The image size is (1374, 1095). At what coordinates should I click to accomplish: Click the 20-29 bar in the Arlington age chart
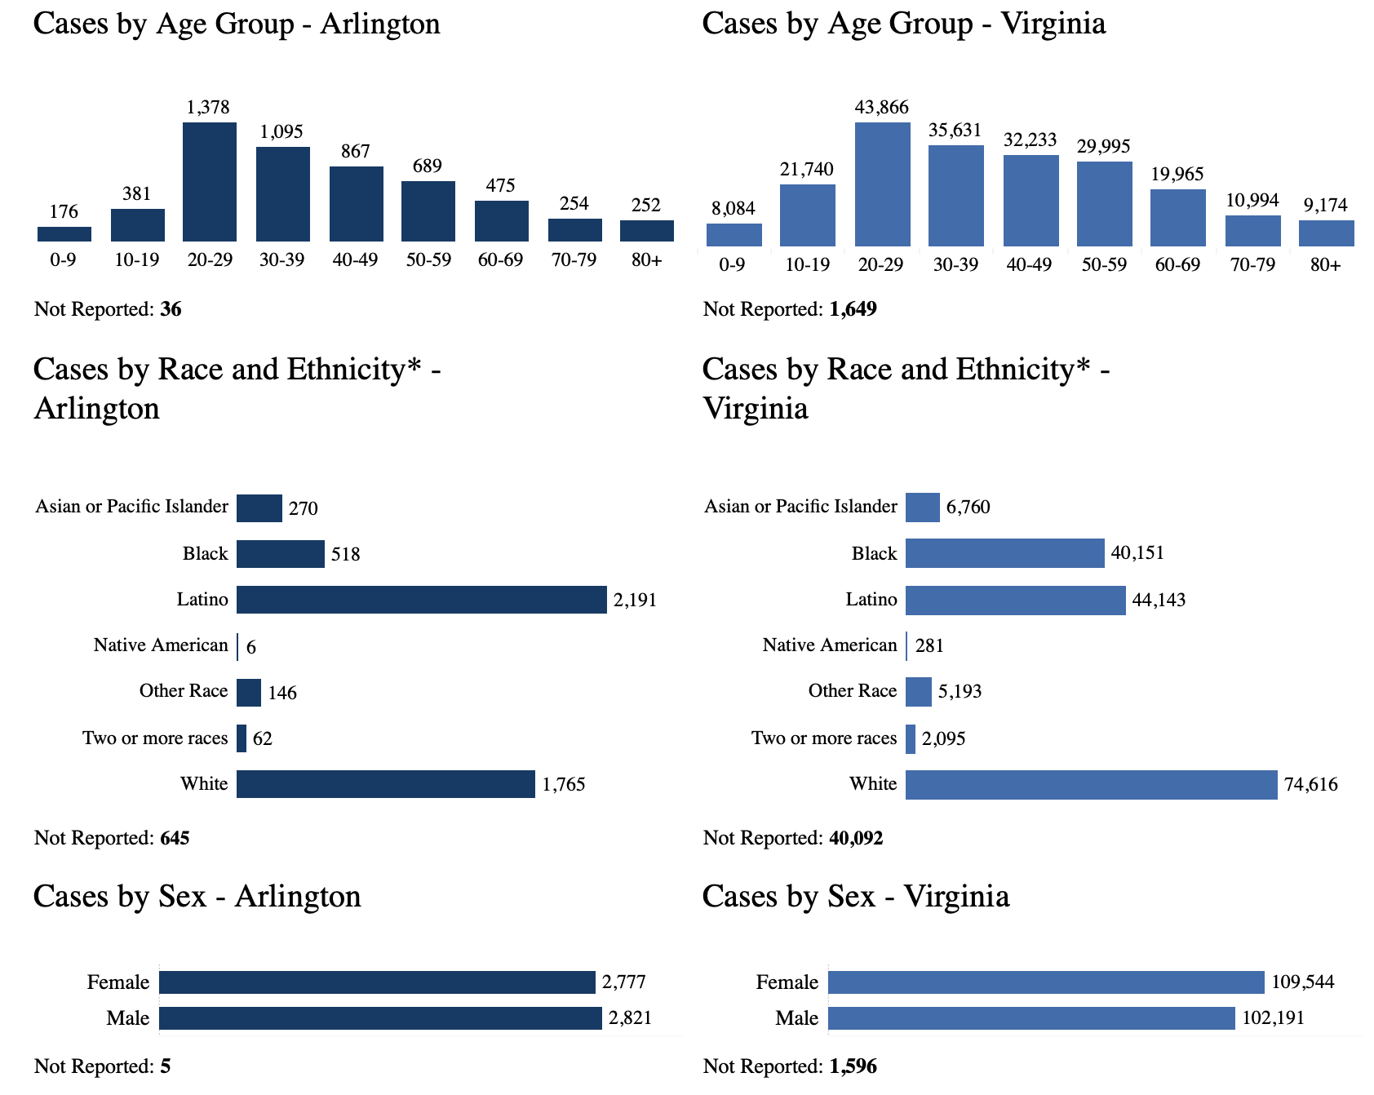[x=210, y=182]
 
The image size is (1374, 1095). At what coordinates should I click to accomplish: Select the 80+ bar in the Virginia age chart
[x=1326, y=233]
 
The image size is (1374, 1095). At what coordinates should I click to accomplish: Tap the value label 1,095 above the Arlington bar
[x=281, y=131]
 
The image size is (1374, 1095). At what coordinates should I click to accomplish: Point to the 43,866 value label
[x=881, y=107]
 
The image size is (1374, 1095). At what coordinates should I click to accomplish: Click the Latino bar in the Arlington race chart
[x=421, y=600]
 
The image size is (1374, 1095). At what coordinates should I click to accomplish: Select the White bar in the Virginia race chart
[x=1091, y=784]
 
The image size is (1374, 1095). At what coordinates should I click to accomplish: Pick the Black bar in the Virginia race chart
[x=1004, y=553]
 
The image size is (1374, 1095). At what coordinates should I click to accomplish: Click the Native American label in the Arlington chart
[x=161, y=645]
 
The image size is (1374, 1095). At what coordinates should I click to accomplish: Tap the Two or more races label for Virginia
[x=824, y=738]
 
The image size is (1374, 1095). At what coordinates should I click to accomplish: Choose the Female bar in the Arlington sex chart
[x=377, y=982]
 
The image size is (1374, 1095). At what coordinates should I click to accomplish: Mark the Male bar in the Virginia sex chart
[x=1031, y=1018]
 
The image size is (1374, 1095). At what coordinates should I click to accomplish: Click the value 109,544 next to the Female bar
[x=1302, y=982]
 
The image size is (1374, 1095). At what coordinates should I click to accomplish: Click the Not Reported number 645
[x=175, y=838]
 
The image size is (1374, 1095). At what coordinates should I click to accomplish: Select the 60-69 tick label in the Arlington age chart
[x=500, y=260]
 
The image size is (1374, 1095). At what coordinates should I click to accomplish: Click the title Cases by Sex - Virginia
[x=855, y=896]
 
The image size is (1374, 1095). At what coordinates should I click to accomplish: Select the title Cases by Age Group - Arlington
[x=237, y=23]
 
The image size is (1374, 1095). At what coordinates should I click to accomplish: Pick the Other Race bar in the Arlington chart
[x=249, y=693]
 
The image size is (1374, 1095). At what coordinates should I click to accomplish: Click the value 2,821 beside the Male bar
[x=630, y=1018]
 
